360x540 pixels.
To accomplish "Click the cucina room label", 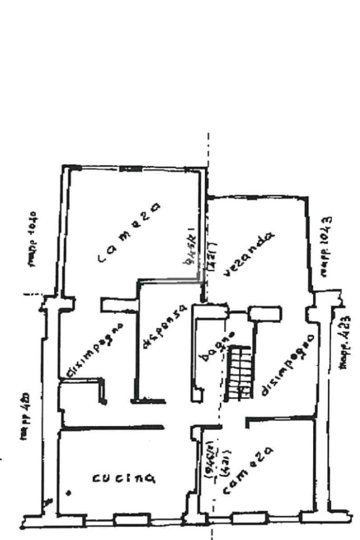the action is [x=123, y=478].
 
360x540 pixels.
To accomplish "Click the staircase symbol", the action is [x=241, y=372].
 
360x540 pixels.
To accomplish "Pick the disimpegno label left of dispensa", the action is [x=94, y=351].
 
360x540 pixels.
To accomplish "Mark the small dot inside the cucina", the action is [x=69, y=493].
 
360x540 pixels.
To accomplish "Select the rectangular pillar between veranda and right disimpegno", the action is [x=265, y=313].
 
